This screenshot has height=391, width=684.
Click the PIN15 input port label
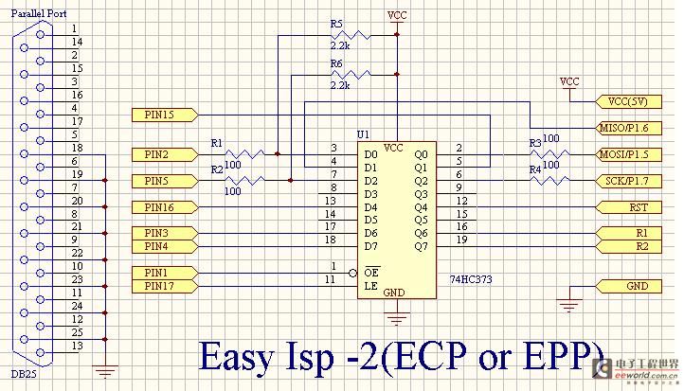162,116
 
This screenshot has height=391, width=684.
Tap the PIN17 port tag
162,286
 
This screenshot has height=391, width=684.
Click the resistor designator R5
337,23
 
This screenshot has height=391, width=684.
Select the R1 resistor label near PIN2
216,143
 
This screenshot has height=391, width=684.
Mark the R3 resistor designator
535,143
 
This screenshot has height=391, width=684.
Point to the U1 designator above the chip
363,134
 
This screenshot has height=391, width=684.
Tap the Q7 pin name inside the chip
422,246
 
